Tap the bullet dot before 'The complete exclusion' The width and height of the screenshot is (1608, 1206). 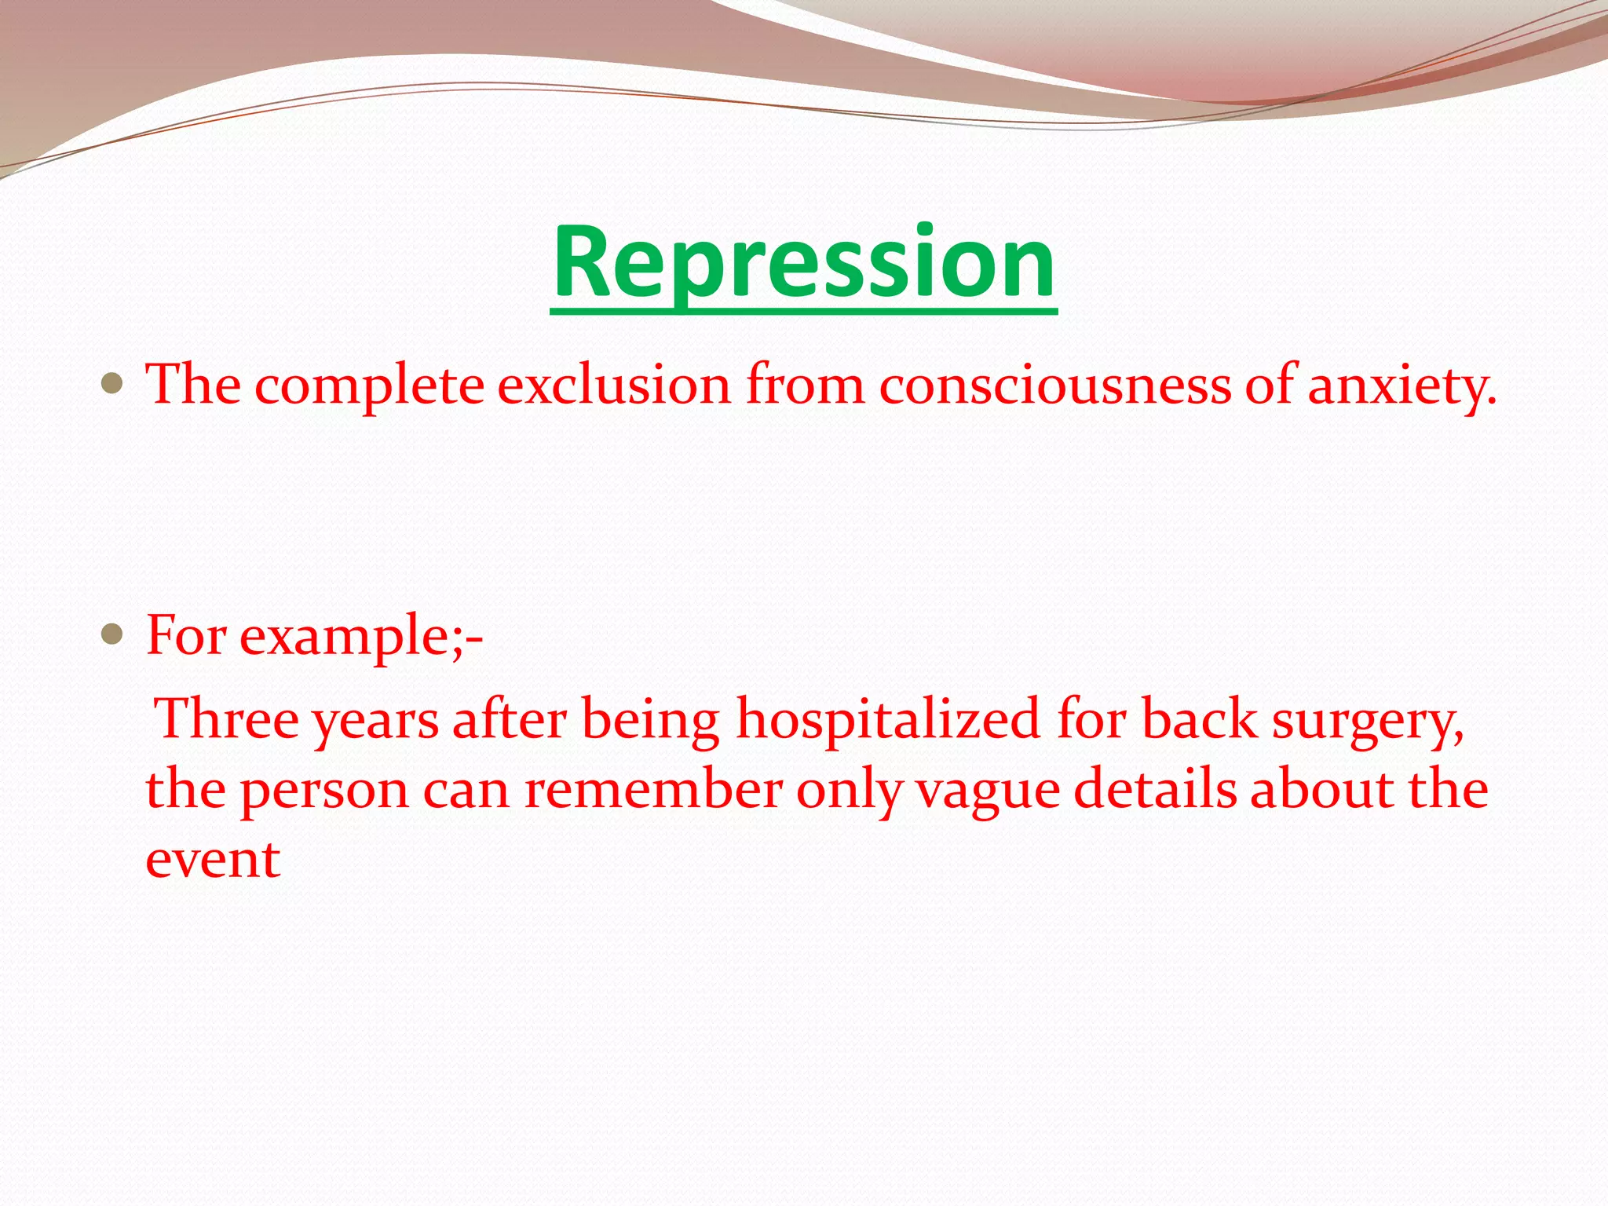(112, 383)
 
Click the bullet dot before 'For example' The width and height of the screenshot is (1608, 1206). (112, 634)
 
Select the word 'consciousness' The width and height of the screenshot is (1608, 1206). (1054, 385)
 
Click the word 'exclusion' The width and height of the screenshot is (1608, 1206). (614, 385)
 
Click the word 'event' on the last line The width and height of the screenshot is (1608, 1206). (213, 861)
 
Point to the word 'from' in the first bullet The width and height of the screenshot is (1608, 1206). (805, 385)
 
